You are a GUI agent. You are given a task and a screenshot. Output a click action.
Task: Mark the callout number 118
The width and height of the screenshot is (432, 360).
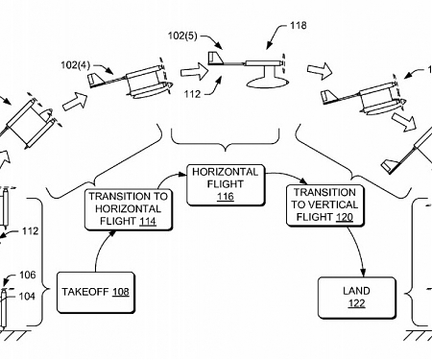click(x=299, y=27)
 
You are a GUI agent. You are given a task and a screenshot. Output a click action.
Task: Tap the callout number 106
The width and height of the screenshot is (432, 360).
click(x=28, y=275)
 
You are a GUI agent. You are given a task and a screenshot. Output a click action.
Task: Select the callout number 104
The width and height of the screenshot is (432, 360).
click(x=28, y=297)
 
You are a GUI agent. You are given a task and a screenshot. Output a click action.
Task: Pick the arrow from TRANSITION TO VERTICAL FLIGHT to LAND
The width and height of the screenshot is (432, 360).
click(x=359, y=253)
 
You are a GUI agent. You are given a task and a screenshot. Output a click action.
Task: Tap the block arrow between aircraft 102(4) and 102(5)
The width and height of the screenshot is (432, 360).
click(x=192, y=70)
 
